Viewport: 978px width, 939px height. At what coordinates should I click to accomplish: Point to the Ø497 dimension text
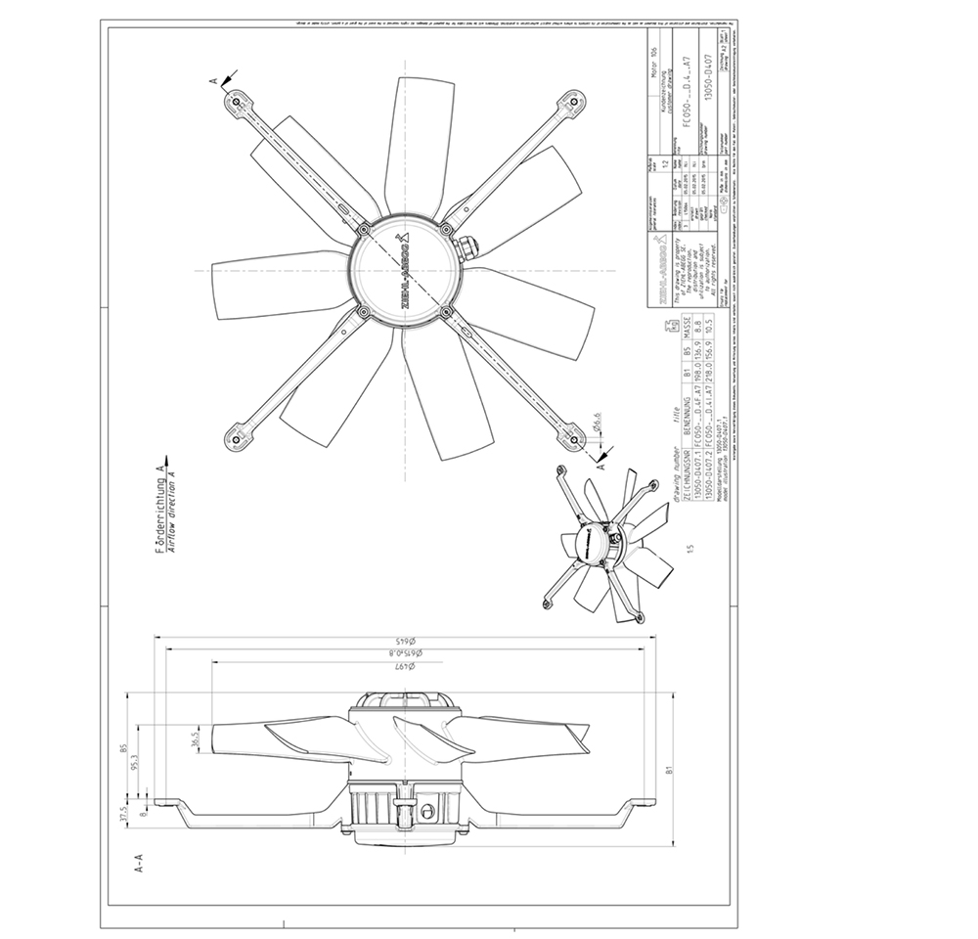click(409, 664)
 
